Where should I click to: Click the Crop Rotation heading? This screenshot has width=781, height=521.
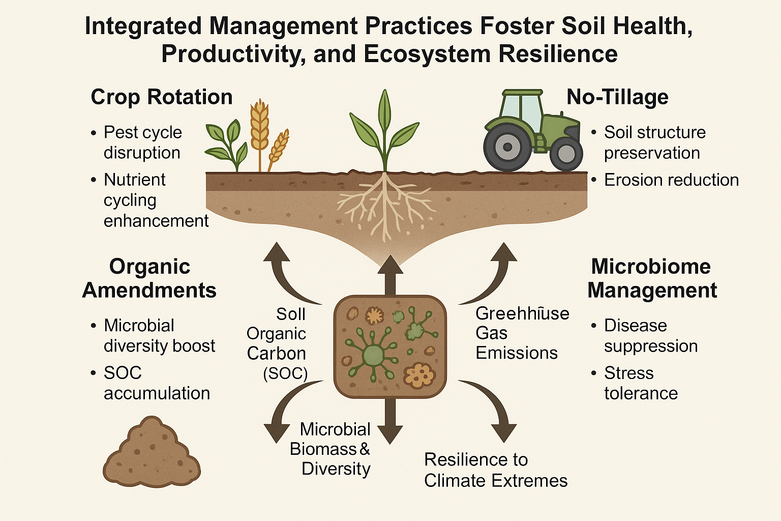coord(162,97)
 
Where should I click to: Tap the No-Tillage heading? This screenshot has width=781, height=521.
coord(617,97)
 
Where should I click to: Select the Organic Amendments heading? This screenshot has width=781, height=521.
coord(149,278)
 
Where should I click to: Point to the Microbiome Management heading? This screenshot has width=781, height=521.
coord(652,278)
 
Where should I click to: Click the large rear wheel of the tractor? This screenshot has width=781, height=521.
coord(507,148)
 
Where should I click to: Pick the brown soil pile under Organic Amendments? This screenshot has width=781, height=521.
coord(152,453)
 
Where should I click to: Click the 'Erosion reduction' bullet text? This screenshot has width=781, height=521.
coord(671,180)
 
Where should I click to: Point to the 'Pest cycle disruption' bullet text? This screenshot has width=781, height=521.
coord(142,142)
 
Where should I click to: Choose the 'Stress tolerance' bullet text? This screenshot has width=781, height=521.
coord(641,383)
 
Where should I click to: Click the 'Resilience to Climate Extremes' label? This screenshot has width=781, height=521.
coord(495,470)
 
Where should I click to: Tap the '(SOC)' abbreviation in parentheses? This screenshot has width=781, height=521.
coord(285,374)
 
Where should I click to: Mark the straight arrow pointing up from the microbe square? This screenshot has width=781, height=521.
coord(390,275)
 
